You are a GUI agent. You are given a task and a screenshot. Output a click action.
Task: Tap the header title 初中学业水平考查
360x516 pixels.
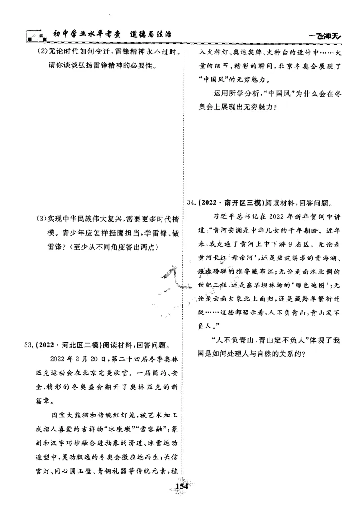pyautogui.click(x=81, y=34)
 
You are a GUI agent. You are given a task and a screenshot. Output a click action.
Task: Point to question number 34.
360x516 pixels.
pyautogui.click(x=190, y=202)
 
